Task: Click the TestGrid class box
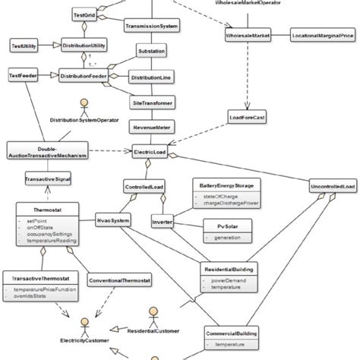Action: tap(83, 14)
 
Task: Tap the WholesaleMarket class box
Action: tap(250, 36)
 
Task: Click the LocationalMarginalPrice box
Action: tap(323, 36)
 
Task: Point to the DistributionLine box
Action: tap(150, 77)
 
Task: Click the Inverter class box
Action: tap(163, 222)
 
